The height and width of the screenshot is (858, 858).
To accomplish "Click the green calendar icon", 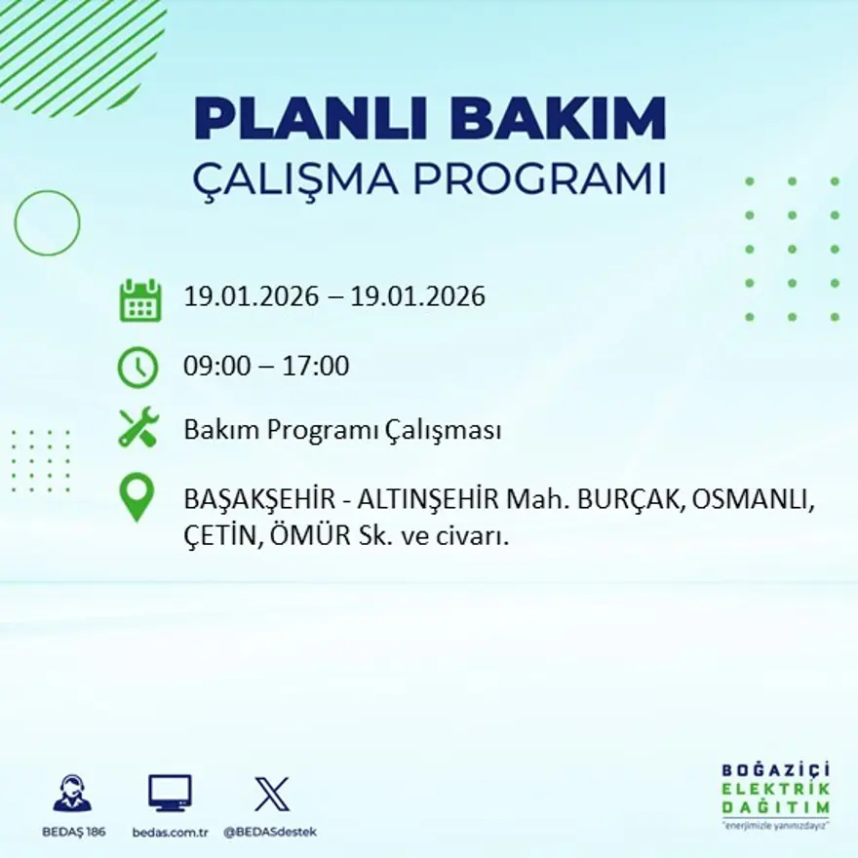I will (139, 300).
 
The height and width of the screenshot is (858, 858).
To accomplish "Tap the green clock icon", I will (137, 368).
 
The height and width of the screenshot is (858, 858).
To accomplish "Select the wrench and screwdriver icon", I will (137, 429).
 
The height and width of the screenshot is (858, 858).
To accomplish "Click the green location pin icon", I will (137, 496).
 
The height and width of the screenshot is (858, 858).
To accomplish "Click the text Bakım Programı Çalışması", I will (342, 430).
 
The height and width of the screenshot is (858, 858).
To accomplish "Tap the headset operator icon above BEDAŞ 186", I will (73, 795).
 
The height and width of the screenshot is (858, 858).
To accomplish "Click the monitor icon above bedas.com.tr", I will (170, 794).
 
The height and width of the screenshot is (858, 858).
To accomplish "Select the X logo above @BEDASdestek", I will (271, 794).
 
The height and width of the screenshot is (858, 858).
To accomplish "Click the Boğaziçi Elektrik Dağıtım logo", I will (775, 792).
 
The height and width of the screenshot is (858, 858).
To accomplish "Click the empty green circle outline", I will (47, 223).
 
